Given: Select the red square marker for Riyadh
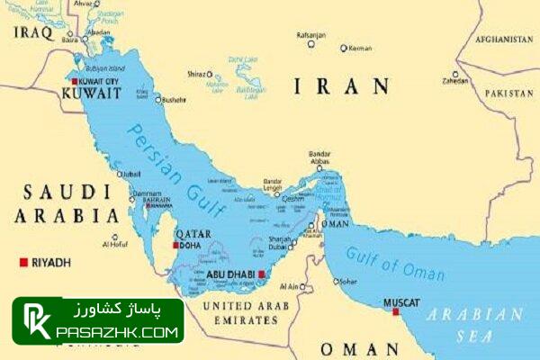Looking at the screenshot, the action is [x=23, y=262].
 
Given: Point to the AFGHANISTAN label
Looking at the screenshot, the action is [x=504, y=40].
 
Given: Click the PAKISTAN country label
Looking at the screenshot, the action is [x=508, y=93].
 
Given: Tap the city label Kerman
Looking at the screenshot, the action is [x=360, y=48].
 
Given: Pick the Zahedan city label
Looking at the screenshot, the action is [x=455, y=81].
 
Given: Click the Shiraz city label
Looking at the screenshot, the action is [x=195, y=74].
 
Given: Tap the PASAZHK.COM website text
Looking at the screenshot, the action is [x=117, y=331].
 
